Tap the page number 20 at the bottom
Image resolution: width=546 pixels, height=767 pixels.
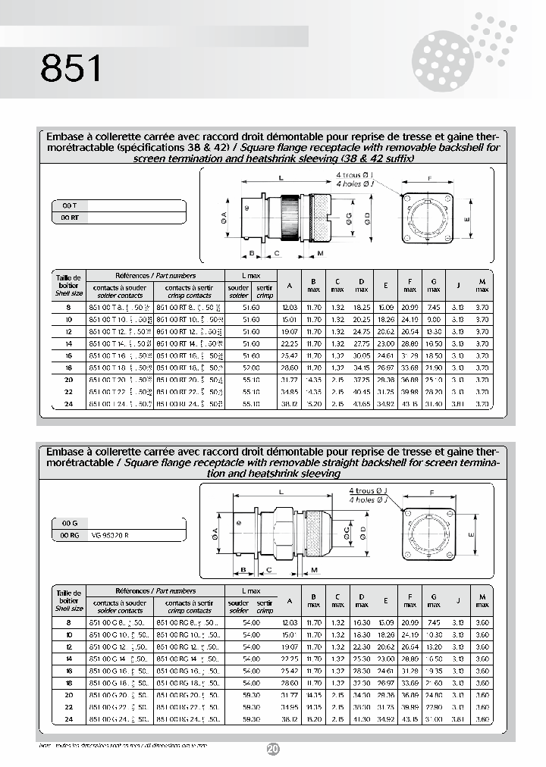coord(273,749)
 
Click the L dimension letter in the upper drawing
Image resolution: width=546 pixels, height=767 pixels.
coord(281,178)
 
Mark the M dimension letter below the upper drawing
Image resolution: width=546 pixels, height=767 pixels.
coord(321,252)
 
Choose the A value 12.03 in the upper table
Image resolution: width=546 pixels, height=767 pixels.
coord(289,308)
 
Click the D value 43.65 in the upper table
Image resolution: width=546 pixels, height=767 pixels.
coord(361,404)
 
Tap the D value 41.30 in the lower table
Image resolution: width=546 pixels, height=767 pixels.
coord(361,718)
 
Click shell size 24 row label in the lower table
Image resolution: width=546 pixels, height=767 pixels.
coord(68,718)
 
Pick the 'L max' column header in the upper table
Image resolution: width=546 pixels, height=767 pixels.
coord(251,276)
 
